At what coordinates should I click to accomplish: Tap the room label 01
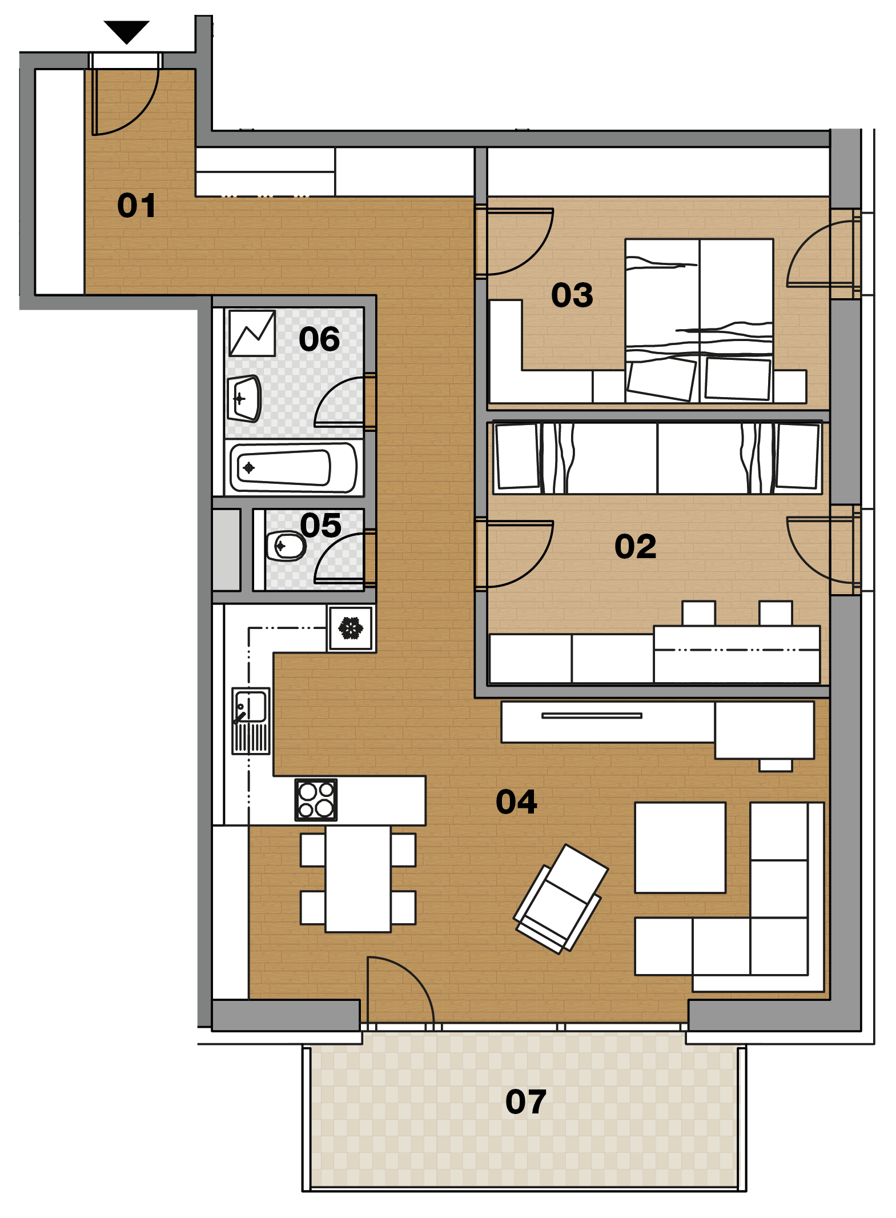click(136, 206)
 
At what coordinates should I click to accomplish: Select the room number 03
click(572, 295)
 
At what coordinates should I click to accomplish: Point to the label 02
click(635, 547)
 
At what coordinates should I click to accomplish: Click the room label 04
click(516, 802)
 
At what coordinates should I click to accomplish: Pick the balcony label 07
click(525, 1102)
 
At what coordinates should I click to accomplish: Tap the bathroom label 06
click(319, 339)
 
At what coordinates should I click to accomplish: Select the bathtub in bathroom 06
click(294, 468)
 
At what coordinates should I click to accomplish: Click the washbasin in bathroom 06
click(244, 398)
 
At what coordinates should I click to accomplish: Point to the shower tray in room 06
click(252, 333)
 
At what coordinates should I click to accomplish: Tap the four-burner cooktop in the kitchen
click(316, 800)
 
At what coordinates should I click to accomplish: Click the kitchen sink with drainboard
click(251, 721)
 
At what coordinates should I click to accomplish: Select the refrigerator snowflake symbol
click(351, 628)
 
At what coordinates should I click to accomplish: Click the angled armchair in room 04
click(561, 899)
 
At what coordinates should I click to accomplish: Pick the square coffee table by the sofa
click(680, 848)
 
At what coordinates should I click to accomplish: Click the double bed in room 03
click(699, 320)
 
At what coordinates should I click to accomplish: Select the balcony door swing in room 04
click(401, 989)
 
